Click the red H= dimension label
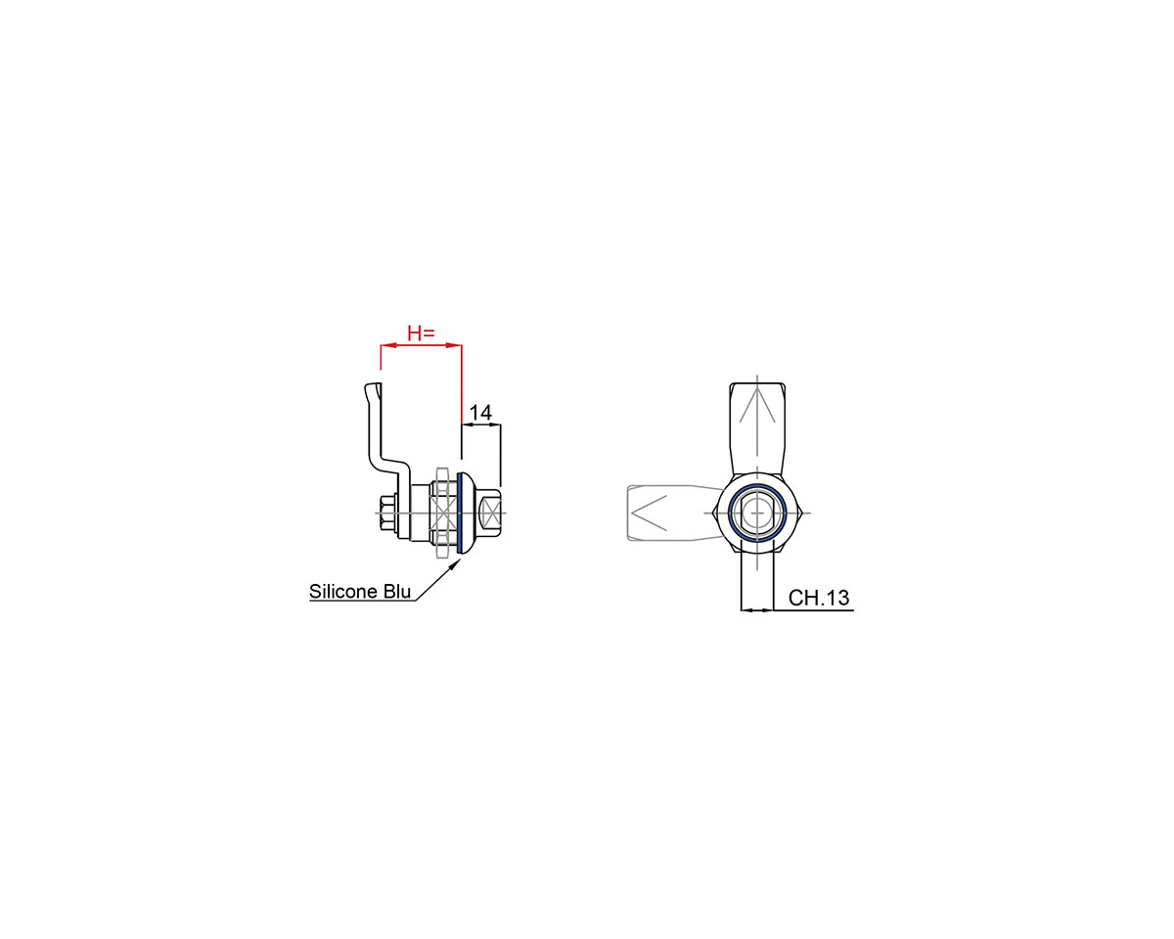click(421, 333)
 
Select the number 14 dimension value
click(480, 413)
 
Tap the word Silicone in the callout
click(343, 592)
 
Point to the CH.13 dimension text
click(818, 598)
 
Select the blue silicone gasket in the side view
click(460, 513)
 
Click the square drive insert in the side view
click(489, 513)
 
